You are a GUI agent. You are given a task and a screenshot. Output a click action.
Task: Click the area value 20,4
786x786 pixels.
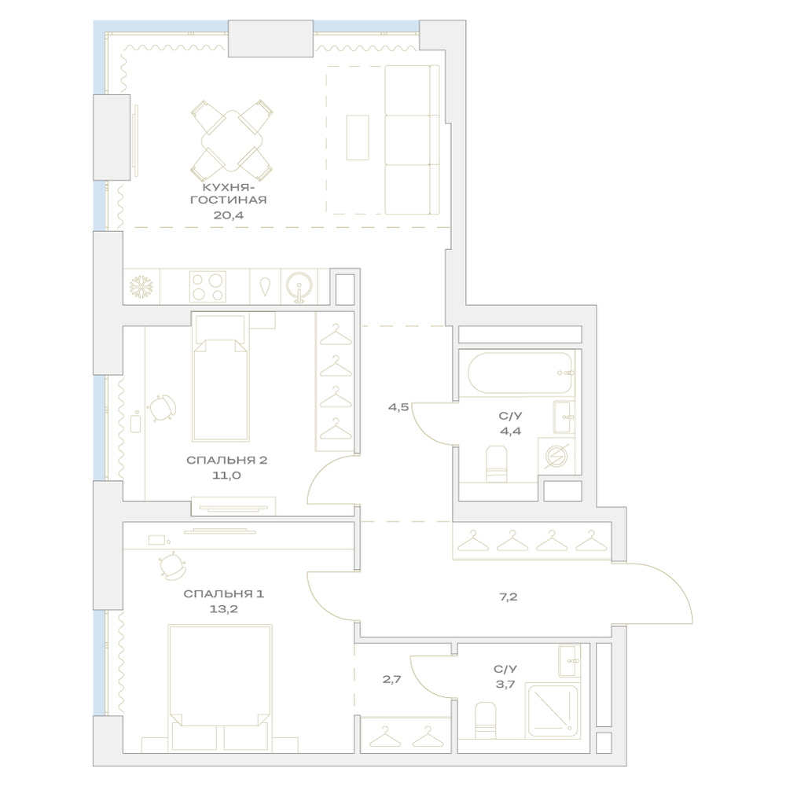point(228,215)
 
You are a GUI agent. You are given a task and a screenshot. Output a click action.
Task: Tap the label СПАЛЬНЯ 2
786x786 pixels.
point(226,460)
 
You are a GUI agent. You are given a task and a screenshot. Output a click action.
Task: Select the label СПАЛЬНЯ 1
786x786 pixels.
point(223,594)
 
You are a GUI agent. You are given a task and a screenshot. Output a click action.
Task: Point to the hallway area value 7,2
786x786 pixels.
point(508,597)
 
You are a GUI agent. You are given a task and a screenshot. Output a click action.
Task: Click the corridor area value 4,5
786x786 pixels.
point(399,407)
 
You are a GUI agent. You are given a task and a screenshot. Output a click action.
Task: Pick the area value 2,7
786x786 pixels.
point(392,680)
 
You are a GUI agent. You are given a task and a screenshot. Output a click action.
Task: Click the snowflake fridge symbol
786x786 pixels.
point(141,287)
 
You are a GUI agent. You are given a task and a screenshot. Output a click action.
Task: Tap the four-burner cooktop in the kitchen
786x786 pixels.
point(208,287)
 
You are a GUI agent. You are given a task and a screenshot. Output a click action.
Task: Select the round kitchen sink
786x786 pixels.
point(299,287)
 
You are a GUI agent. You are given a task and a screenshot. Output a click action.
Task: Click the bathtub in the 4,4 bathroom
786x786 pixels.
point(520,373)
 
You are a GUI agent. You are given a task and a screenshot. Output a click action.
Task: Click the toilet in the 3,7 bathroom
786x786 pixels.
point(485,720)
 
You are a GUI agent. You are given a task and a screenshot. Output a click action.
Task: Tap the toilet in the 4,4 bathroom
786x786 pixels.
point(497,464)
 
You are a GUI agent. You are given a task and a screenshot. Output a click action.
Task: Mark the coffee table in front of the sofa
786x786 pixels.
point(358,138)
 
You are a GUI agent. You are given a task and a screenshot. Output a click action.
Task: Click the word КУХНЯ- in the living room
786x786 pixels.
point(226,188)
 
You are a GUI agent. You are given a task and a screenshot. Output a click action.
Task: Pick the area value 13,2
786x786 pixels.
point(223,610)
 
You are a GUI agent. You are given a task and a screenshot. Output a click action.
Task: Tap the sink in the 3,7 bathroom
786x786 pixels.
point(569,661)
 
